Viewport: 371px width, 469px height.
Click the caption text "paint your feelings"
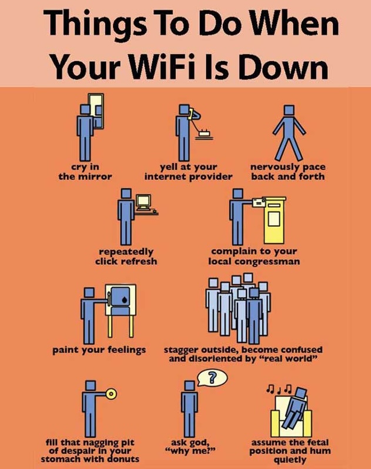point(99,350)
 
